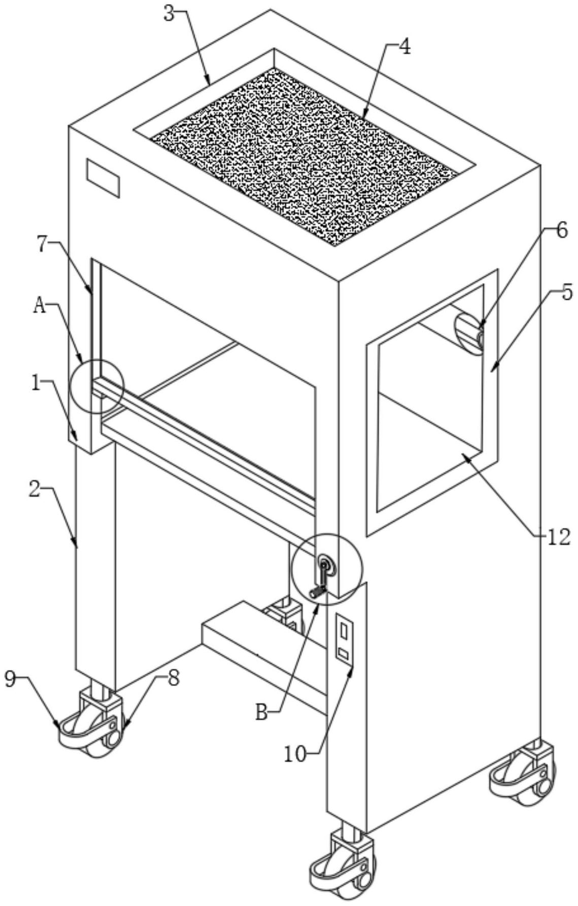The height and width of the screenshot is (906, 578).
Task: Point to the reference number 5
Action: (566, 293)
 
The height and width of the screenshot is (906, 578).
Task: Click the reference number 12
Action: (559, 536)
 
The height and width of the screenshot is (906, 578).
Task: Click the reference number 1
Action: (36, 383)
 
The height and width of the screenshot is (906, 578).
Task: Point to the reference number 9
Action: (11, 679)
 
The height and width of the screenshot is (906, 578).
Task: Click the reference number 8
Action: (173, 678)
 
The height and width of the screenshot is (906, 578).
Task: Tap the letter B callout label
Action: (261, 713)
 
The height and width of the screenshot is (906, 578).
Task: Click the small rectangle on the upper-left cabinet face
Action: (103, 178)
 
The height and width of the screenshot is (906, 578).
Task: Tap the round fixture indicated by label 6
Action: (469, 333)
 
